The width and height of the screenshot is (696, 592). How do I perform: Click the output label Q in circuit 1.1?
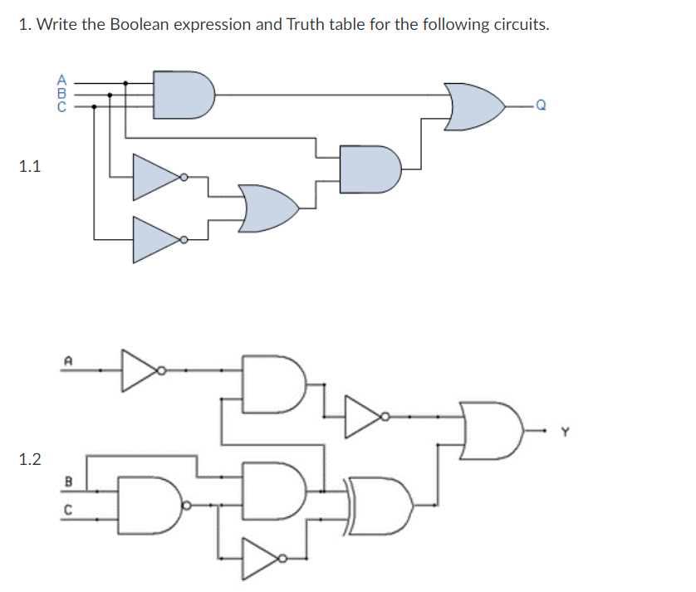click(541, 106)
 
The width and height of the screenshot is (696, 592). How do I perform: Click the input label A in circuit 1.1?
click(60, 81)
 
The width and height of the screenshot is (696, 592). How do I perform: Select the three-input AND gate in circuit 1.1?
click(184, 94)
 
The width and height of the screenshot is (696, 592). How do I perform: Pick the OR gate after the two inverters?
click(267, 208)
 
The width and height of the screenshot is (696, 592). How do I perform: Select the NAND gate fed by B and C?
click(150, 503)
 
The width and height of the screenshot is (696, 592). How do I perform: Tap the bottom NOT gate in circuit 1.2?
click(264, 558)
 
